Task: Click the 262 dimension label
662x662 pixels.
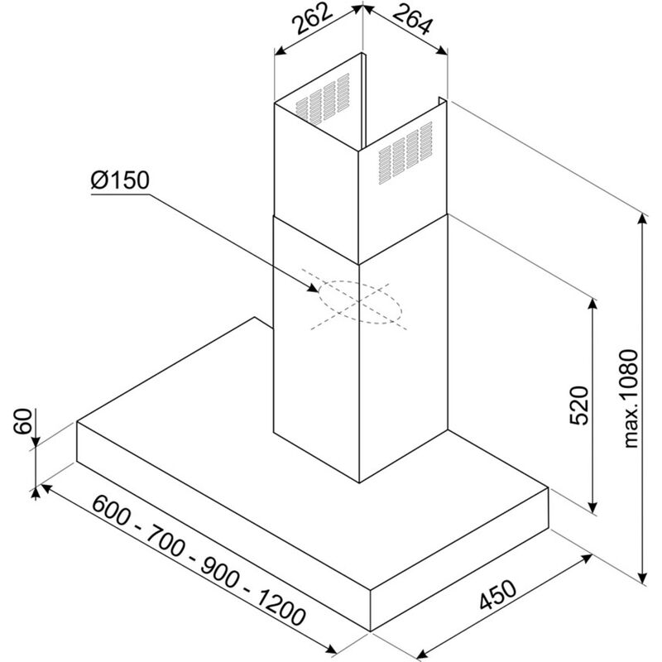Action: tap(312, 23)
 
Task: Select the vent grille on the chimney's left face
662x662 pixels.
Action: tap(318, 100)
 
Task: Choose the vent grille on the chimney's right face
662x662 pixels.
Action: tap(406, 149)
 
